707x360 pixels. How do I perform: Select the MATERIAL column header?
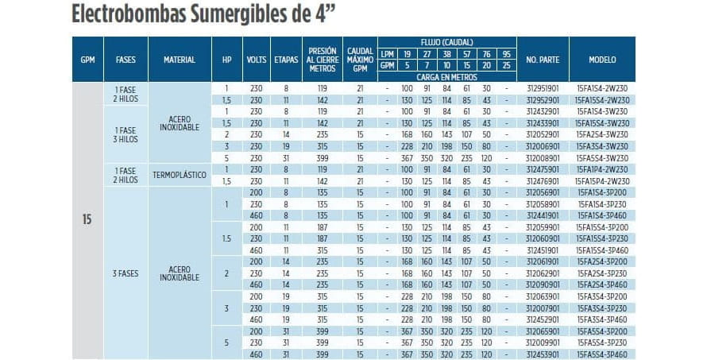coord(180,60)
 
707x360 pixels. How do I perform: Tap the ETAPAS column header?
coord(286,60)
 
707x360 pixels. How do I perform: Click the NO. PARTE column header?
coord(543,60)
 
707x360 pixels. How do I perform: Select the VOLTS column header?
coord(257,60)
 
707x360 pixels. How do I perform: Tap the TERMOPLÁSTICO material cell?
coord(180,174)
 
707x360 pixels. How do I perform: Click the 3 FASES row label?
coord(126,273)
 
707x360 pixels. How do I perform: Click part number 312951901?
coord(543,87)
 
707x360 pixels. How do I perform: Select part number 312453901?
coord(543,354)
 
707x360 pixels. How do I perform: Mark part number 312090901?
coord(543,285)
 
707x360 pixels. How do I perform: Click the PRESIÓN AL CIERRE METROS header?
coord(322,60)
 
